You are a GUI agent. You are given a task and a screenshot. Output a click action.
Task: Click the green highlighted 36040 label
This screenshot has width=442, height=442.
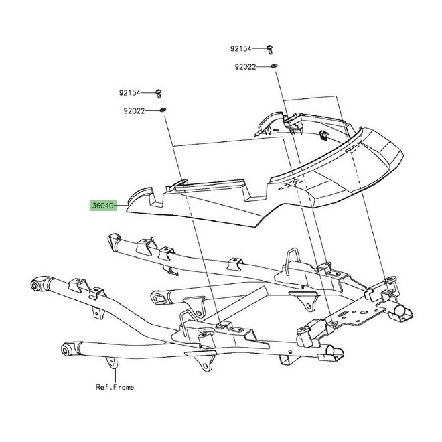click(103, 206)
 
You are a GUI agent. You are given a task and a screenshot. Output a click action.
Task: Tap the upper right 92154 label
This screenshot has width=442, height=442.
click(240, 49)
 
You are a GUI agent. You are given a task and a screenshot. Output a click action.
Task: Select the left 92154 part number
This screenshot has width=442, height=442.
click(129, 92)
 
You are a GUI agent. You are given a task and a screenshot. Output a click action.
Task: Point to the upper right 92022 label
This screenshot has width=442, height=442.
click(245, 67)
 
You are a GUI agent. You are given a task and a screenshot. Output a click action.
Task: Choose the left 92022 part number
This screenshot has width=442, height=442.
click(134, 111)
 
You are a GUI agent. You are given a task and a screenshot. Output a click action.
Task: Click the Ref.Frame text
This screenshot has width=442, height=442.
click(115, 387)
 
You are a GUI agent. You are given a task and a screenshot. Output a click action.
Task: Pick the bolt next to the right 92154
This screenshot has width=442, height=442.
click(270, 50)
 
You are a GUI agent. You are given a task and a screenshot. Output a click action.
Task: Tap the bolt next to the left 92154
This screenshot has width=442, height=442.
click(159, 94)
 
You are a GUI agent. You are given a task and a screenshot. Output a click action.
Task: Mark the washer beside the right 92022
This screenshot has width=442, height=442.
click(274, 66)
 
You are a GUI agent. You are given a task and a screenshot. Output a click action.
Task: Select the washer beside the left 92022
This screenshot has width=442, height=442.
click(163, 110)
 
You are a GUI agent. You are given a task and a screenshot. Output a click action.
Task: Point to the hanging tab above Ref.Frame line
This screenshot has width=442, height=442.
click(112, 362)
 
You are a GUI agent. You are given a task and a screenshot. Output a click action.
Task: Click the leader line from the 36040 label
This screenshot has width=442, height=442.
click(122, 206)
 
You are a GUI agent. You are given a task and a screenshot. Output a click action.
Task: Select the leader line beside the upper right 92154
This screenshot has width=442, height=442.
click(259, 48)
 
